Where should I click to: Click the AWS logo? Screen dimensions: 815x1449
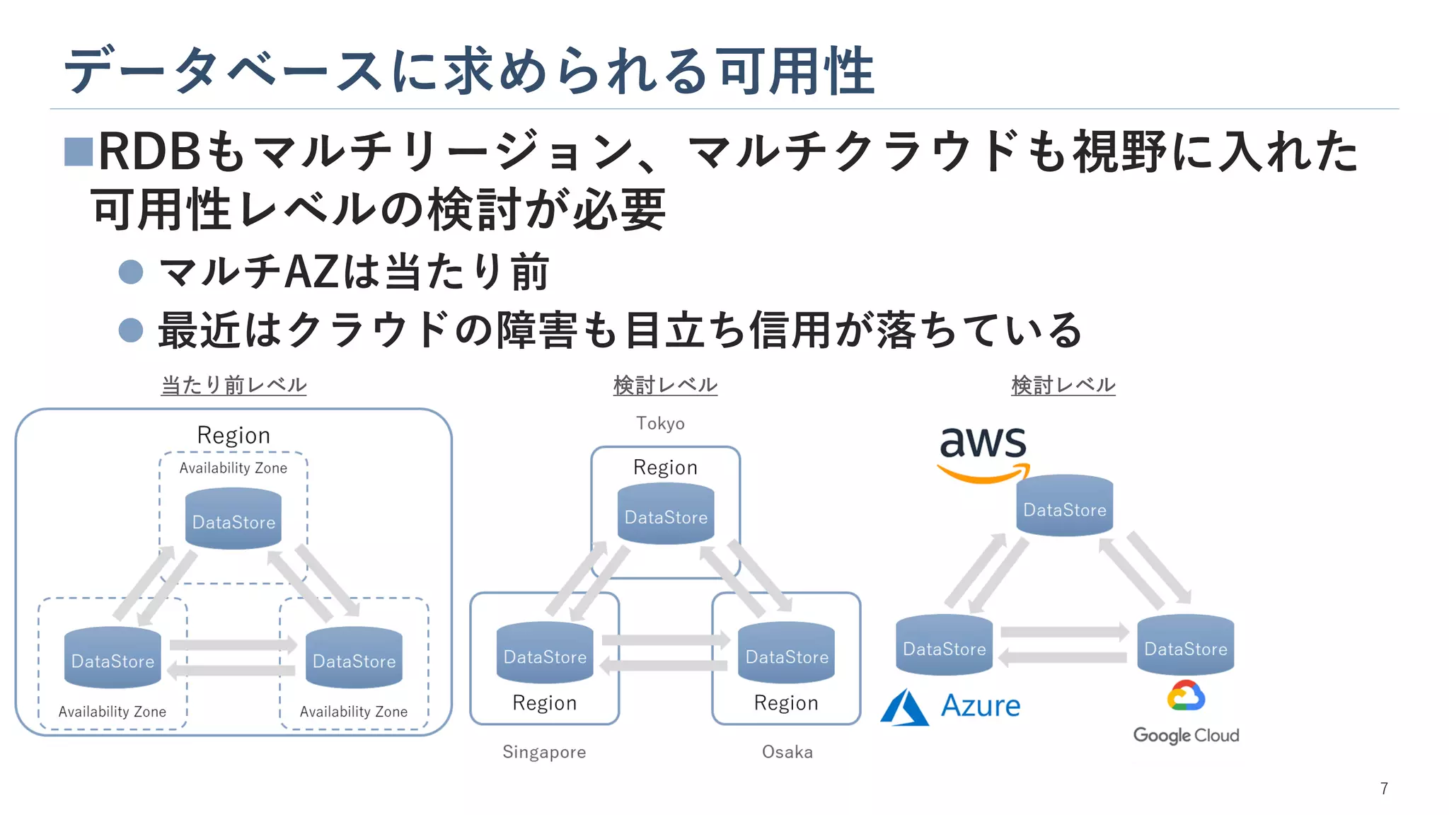coord(982,453)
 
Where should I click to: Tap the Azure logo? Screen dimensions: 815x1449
coord(950,706)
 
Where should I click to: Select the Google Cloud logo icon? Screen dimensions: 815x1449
coord(1186,696)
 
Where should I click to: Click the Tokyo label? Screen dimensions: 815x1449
coord(660,423)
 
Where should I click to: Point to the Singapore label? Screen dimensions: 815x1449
coord(544,751)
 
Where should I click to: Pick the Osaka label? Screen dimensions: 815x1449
coord(787,751)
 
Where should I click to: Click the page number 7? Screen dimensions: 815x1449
coord(1384,788)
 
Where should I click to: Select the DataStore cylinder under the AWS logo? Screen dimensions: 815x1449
coord(1064,506)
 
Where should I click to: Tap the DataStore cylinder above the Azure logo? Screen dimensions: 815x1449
coord(944,645)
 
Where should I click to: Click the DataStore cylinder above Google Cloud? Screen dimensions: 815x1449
coord(1185,645)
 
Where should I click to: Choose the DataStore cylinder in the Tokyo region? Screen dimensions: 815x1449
coord(666,514)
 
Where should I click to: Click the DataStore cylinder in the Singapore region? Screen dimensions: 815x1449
coord(545,654)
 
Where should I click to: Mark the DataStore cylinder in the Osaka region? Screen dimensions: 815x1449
coord(786,654)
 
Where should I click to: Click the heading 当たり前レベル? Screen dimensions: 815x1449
coord(233,385)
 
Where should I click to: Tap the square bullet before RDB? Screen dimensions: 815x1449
coord(78,151)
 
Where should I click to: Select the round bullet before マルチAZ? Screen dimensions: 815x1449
coord(131,272)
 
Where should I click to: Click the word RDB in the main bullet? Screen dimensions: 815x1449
coord(150,151)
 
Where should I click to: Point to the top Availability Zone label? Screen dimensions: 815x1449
coord(233,468)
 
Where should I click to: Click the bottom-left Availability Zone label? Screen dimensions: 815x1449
coord(112,712)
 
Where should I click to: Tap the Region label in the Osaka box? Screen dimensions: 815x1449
coord(785,703)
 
